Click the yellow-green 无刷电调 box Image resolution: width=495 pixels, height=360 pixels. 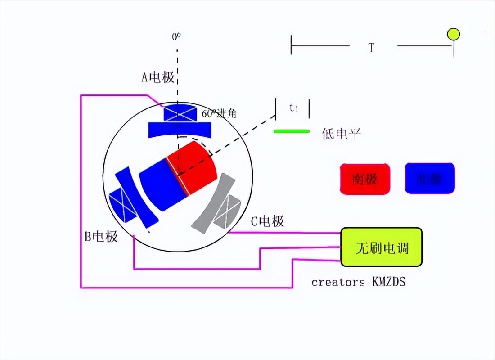[x=382, y=247]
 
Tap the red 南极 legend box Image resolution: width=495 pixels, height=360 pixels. [x=365, y=179]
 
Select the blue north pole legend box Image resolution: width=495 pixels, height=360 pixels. [x=430, y=179]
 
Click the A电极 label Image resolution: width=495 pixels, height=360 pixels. [x=158, y=77]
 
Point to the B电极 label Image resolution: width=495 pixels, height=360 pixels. [x=101, y=236]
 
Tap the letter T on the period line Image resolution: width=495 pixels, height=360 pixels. [x=371, y=47]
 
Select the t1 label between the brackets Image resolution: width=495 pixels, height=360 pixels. [x=294, y=108]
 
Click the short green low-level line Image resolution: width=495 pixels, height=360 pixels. [x=292, y=131]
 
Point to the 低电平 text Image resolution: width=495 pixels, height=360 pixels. [x=342, y=134]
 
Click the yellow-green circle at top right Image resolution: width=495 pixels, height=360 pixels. [x=453, y=34]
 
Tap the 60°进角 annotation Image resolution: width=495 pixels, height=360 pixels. [x=219, y=113]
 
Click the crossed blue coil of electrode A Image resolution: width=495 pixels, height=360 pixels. [x=180, y=113]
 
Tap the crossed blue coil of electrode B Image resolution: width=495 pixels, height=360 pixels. [x=121, y=205]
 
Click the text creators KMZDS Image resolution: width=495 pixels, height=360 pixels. [x=358, y=282]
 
